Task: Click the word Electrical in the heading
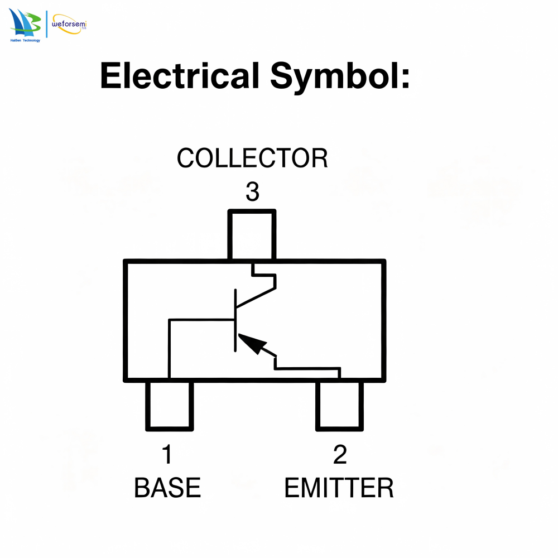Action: click(180, 75)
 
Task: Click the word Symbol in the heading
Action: click(334, 76)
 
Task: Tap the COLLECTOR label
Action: click(252, 158)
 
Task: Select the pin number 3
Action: click(252, 191)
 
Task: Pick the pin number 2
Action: click(340, 454)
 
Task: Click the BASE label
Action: click(167, 488)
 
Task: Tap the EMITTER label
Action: click(339, 488)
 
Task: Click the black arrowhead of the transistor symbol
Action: click(252, 343)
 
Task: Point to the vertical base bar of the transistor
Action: click(235, 320)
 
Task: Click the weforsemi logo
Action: click(69, 24)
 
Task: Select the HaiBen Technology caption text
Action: click(25, 41)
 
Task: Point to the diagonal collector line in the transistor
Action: click(256, 297)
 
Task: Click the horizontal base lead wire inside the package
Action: click(202, 320)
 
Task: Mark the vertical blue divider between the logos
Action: click(47, 24)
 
